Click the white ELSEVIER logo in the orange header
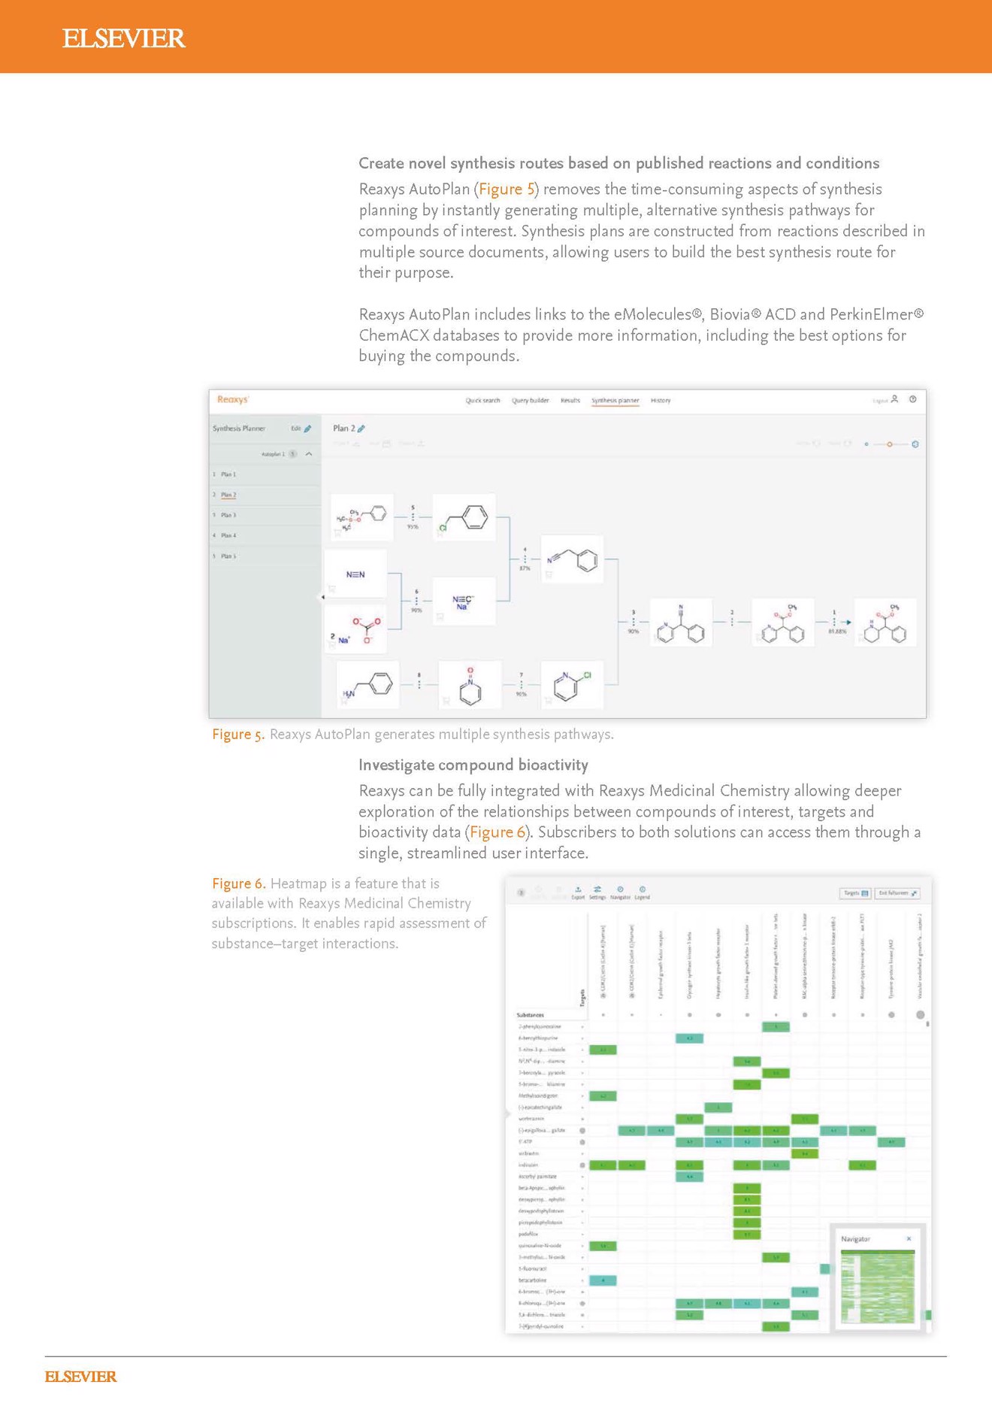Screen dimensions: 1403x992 [x=123, y=38]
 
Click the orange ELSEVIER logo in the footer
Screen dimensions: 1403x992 [x=80, y=1377]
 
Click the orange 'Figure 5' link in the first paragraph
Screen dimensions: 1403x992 [x=507, y=189]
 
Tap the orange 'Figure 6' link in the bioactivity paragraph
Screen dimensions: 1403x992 [x=498, y=832]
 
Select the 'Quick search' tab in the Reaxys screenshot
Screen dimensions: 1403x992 [x=482, y=401]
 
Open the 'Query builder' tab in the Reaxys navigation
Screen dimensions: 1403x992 [x=531, y=401]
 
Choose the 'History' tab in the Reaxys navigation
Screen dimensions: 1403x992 [x=661, y=401]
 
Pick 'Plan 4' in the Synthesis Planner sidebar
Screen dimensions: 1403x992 [x=228, y=535]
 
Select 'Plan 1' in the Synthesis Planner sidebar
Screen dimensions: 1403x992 [x=228, y=474]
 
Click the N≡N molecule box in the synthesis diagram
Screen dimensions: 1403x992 [x=355, y=574]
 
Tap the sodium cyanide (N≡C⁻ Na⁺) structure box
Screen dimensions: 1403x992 [x=463, y=602]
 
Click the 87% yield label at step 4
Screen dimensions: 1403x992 [x=525, y=568]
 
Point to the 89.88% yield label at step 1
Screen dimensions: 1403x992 [x=836, y=632]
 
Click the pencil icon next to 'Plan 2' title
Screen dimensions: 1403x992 [x=361, y=429]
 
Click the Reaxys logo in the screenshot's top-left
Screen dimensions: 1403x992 [x=232, y=400]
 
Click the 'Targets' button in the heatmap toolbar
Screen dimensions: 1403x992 [x=855, y=893]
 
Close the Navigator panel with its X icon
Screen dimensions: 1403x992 [x=909, y=1238]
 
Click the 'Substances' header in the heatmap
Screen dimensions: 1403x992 [x=531, y=1015]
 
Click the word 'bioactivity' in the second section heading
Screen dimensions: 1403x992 [x=552, y=765]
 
